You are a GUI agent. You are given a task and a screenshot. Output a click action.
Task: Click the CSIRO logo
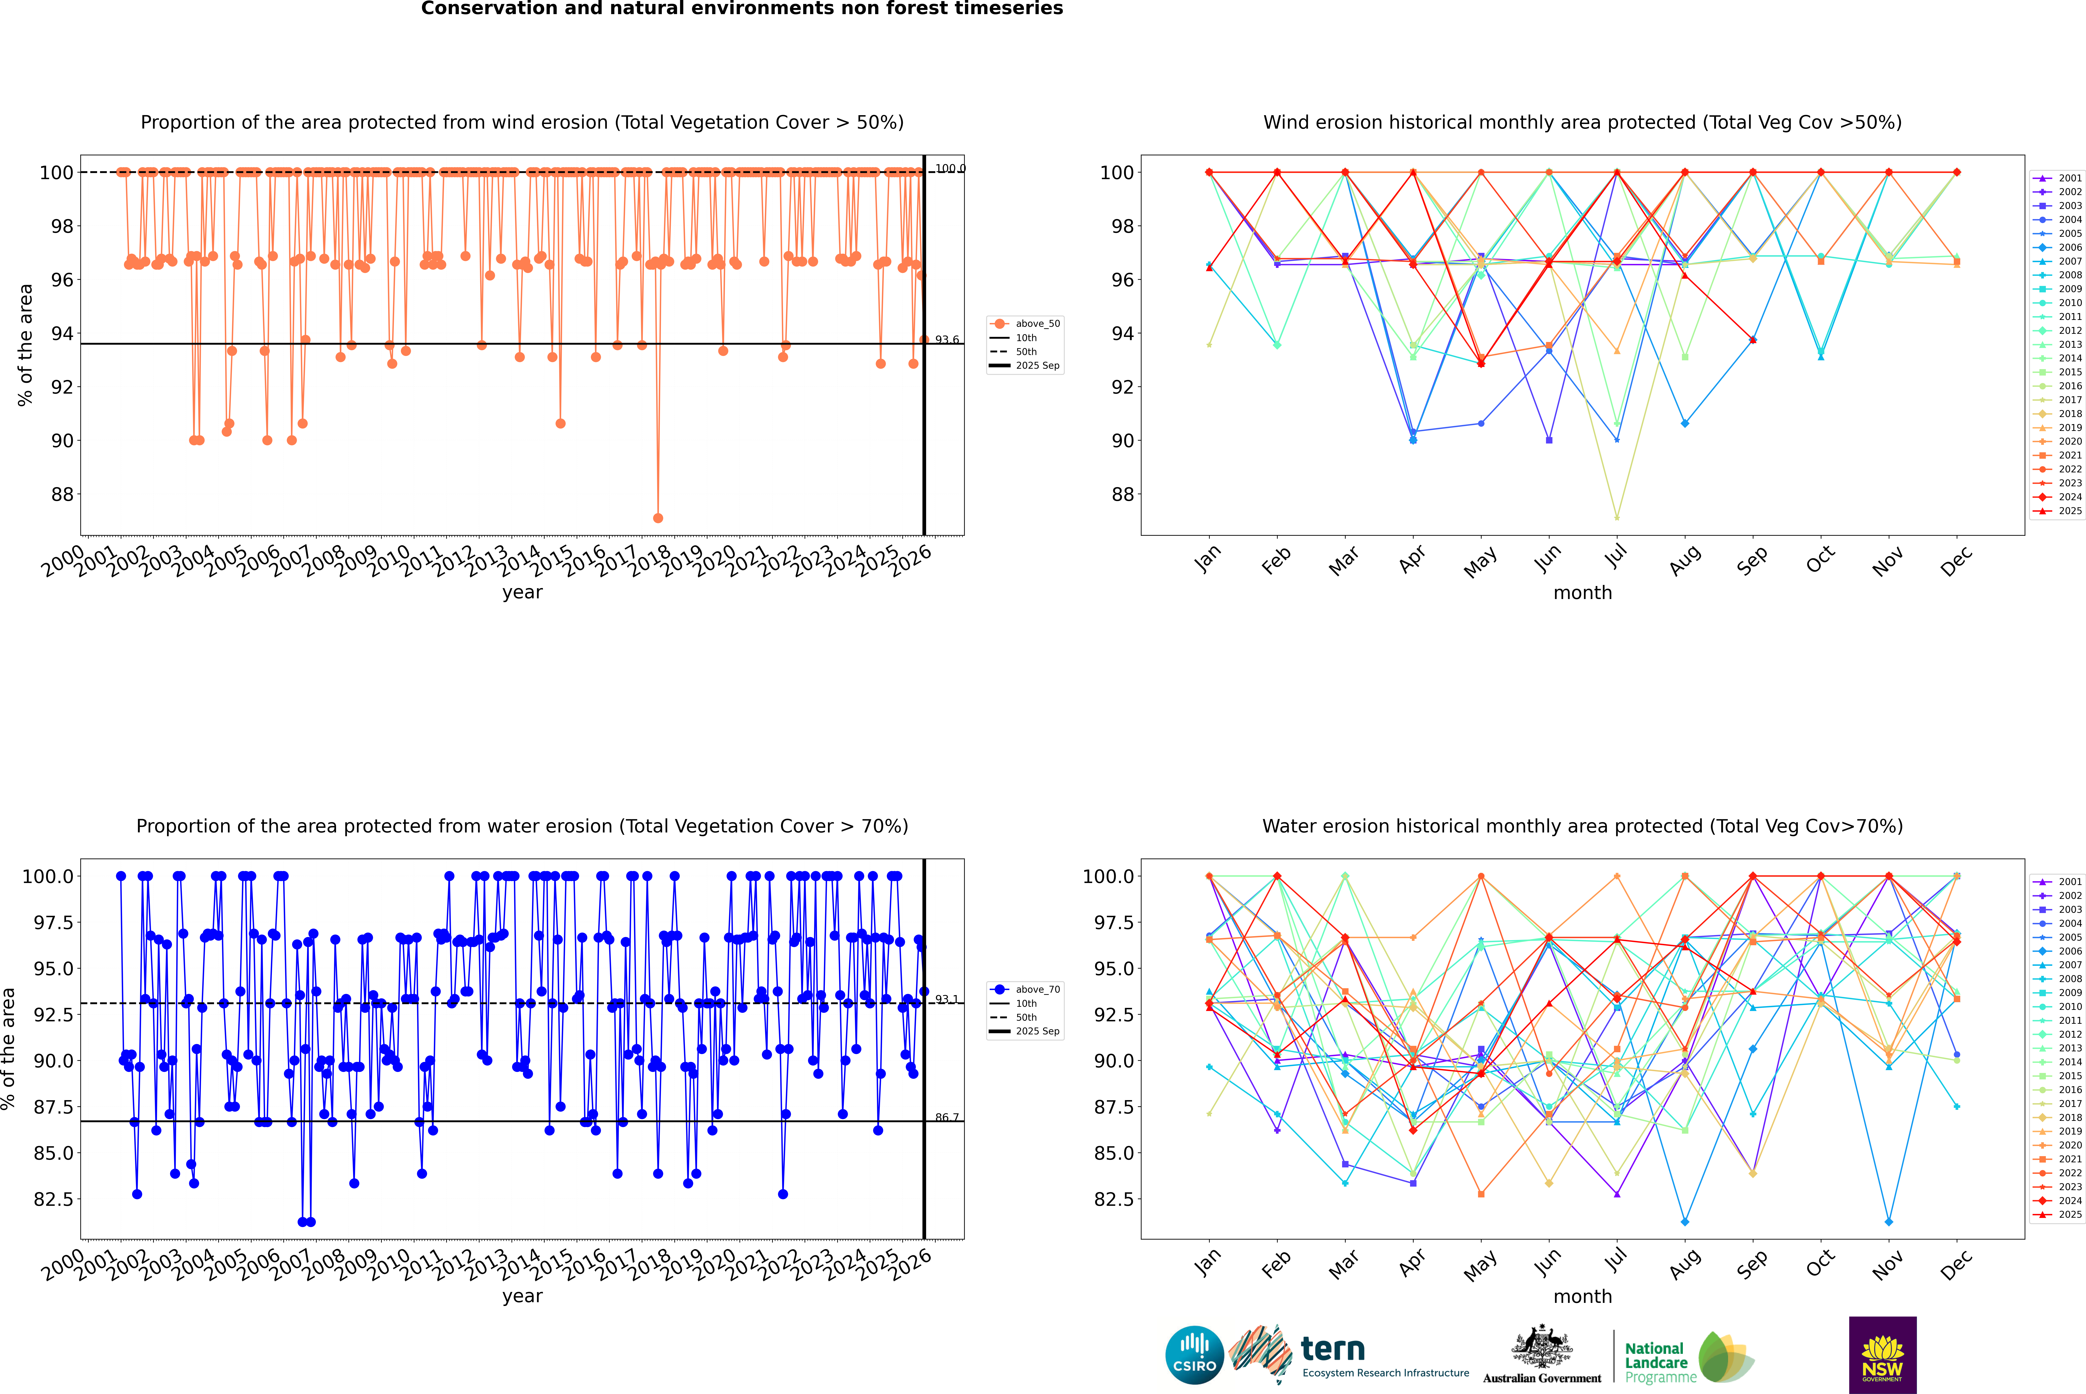coord(1194,1355)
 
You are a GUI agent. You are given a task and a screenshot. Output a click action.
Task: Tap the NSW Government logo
coord(1882,1355)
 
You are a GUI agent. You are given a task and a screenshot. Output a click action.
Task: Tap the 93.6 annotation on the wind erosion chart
coord(947,340)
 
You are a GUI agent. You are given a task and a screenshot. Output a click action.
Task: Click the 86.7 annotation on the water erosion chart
coord(947,1118)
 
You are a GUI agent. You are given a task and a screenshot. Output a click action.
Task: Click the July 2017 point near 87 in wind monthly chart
coord(1616,517)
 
